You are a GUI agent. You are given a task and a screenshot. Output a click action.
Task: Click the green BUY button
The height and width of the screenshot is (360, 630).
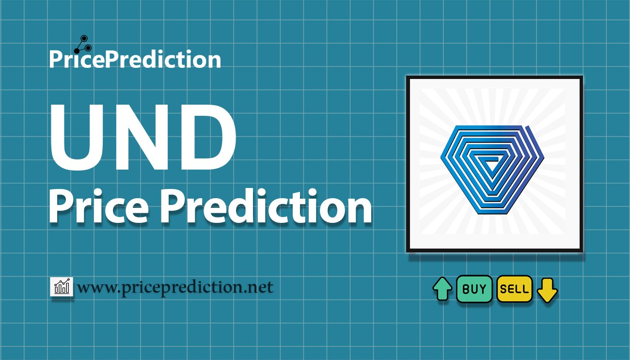tap(474, 289)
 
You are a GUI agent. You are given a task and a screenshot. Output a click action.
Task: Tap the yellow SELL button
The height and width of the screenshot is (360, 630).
tap(515, 289)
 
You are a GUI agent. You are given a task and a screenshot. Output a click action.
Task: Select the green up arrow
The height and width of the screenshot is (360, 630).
tap(442, 289)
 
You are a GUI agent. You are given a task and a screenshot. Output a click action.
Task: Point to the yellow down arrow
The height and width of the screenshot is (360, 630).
tap(547, 290)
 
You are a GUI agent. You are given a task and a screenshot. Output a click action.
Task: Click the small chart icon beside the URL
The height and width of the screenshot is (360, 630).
tap(62, 287)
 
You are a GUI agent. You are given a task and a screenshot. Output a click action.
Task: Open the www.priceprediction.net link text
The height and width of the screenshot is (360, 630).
tap(175, 288)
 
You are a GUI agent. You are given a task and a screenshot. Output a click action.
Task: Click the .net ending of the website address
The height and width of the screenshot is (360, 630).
tap(259, 287)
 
